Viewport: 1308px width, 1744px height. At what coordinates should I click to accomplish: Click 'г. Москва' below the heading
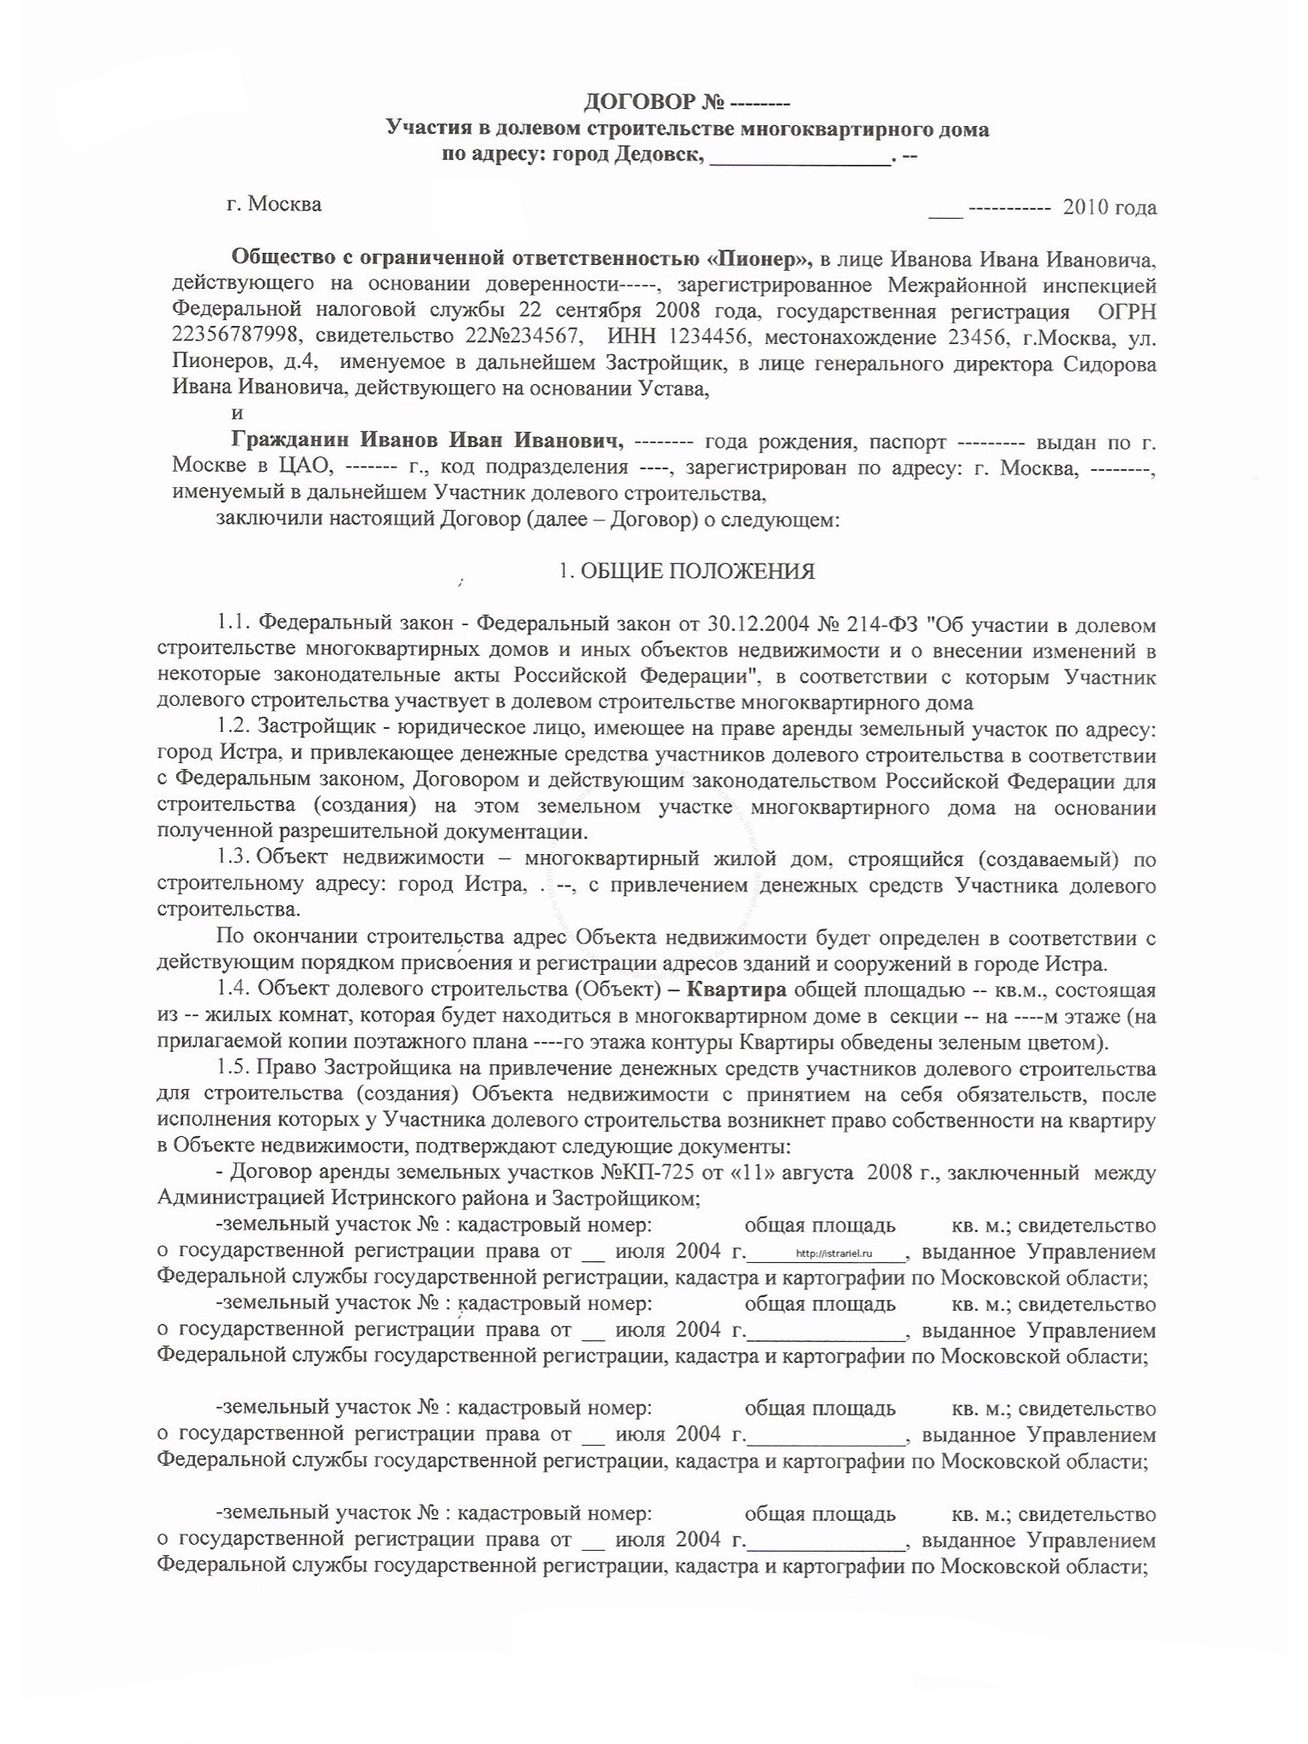274,205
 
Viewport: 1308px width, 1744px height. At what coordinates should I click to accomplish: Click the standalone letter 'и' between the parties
238,414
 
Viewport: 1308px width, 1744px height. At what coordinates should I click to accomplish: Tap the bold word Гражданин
290,442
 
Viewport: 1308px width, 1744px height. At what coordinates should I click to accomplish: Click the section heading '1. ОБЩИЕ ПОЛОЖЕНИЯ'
686,571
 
